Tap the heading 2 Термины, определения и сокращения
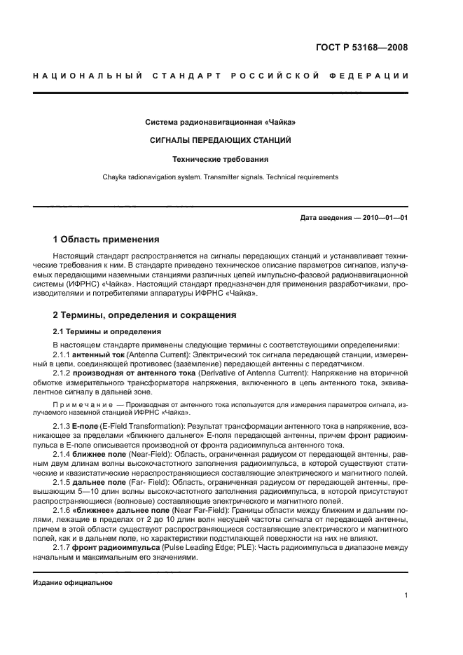click(x=145, y=315)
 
